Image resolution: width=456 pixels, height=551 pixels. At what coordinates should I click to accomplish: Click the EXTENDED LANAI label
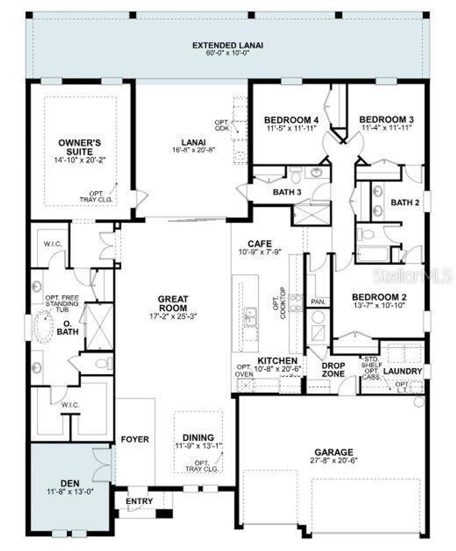point(228,45)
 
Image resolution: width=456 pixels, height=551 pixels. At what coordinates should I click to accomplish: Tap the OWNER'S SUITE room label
point(79,147)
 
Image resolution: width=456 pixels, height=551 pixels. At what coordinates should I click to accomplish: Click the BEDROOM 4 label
point(291,120)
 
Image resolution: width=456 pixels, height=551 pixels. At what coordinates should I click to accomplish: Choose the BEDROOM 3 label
point(386,120)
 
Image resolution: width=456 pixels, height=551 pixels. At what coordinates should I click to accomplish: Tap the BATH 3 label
point(287,192)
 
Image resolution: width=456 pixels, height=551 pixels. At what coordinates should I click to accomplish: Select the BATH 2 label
point(405,203)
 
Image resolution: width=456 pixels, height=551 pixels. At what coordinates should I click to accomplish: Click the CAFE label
point(260,244)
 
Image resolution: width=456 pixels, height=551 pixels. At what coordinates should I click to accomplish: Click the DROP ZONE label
point(333,369)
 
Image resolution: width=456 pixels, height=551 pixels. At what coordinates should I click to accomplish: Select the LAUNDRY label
point(403,371)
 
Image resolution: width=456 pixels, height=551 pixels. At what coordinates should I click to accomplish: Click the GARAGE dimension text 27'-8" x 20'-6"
point(334,460)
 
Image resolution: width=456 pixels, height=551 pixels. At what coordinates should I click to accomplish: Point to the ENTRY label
point(139,501)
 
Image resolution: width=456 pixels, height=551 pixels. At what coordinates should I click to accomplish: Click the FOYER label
point(135,440)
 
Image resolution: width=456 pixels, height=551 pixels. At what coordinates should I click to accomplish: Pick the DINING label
point(198,437)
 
